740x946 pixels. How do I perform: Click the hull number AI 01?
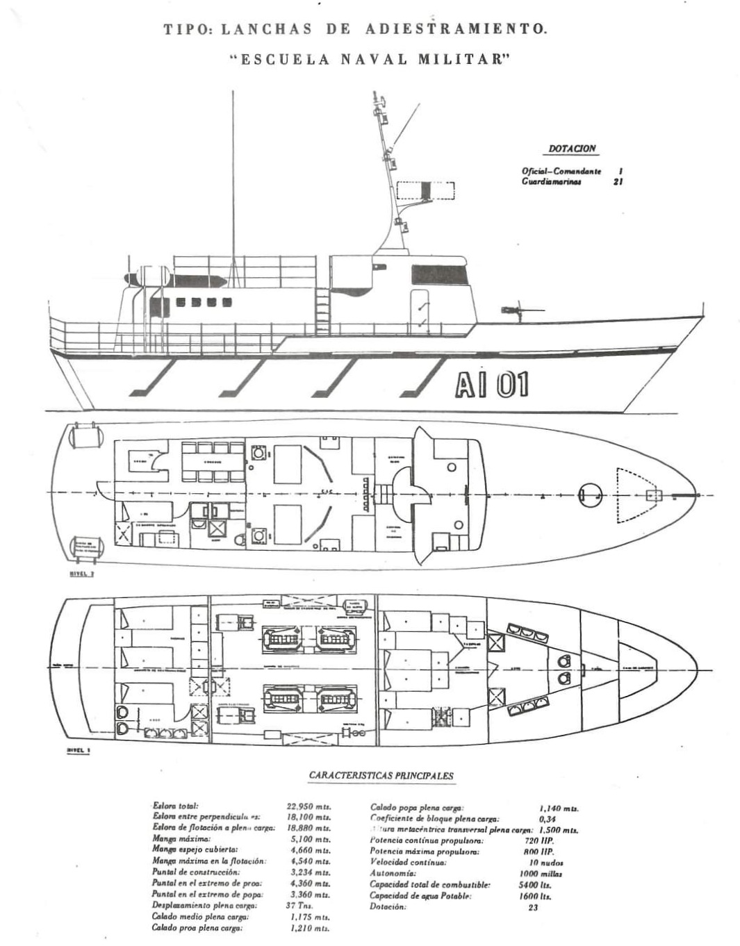(492, 385)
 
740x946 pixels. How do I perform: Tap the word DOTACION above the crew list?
(573, 149)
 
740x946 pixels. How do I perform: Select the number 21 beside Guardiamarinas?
(618, 182)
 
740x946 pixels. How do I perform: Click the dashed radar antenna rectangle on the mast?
(426, 190)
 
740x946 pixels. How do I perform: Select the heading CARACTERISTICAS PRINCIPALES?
(381, 776)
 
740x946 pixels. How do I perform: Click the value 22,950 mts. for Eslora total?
(309, 806)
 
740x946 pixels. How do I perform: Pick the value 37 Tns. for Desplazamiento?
(299, 906)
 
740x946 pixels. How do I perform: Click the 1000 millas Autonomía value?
(541, 874)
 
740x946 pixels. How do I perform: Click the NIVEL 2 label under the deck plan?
(81, 574)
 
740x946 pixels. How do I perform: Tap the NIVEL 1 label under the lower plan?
(80, 751)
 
